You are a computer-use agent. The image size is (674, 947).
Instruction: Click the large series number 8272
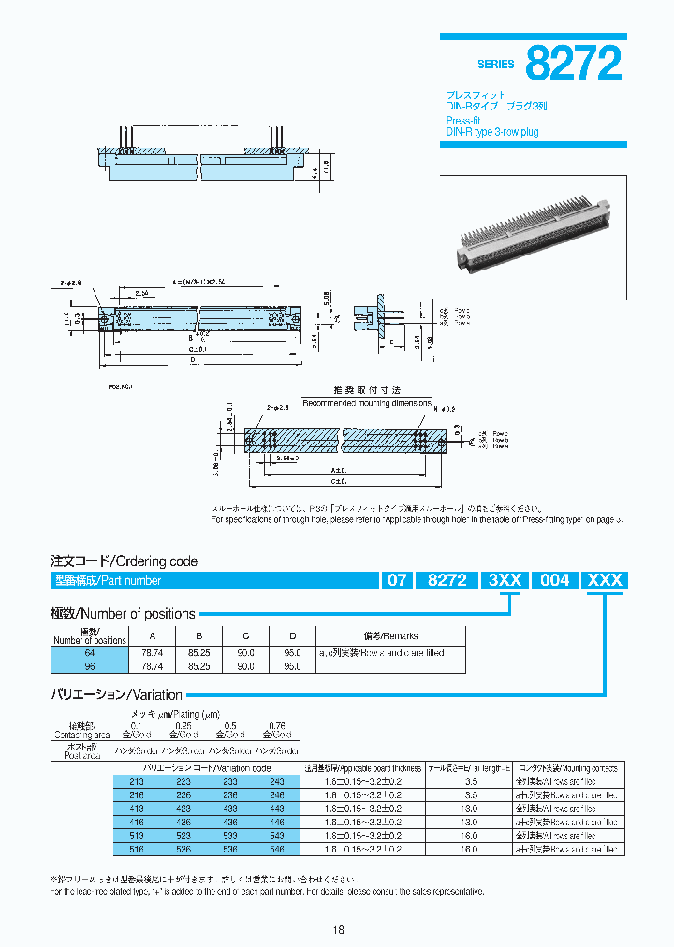pos(573,63)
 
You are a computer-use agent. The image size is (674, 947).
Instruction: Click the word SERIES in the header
pos(495,65)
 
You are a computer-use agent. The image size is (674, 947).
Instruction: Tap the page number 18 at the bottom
pos(338,929)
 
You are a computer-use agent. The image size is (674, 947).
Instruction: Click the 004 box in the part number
pos(555,580)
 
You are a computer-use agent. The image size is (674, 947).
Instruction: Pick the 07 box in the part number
pos(397,580)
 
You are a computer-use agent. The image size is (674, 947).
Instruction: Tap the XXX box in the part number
pos(604,580)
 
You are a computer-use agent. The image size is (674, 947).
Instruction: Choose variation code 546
pos(276,849)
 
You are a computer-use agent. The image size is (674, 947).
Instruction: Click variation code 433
pos(229,808)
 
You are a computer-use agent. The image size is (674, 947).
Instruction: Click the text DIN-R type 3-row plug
pos(491,132)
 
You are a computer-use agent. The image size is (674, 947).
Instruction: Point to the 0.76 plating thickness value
pos(276,725)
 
